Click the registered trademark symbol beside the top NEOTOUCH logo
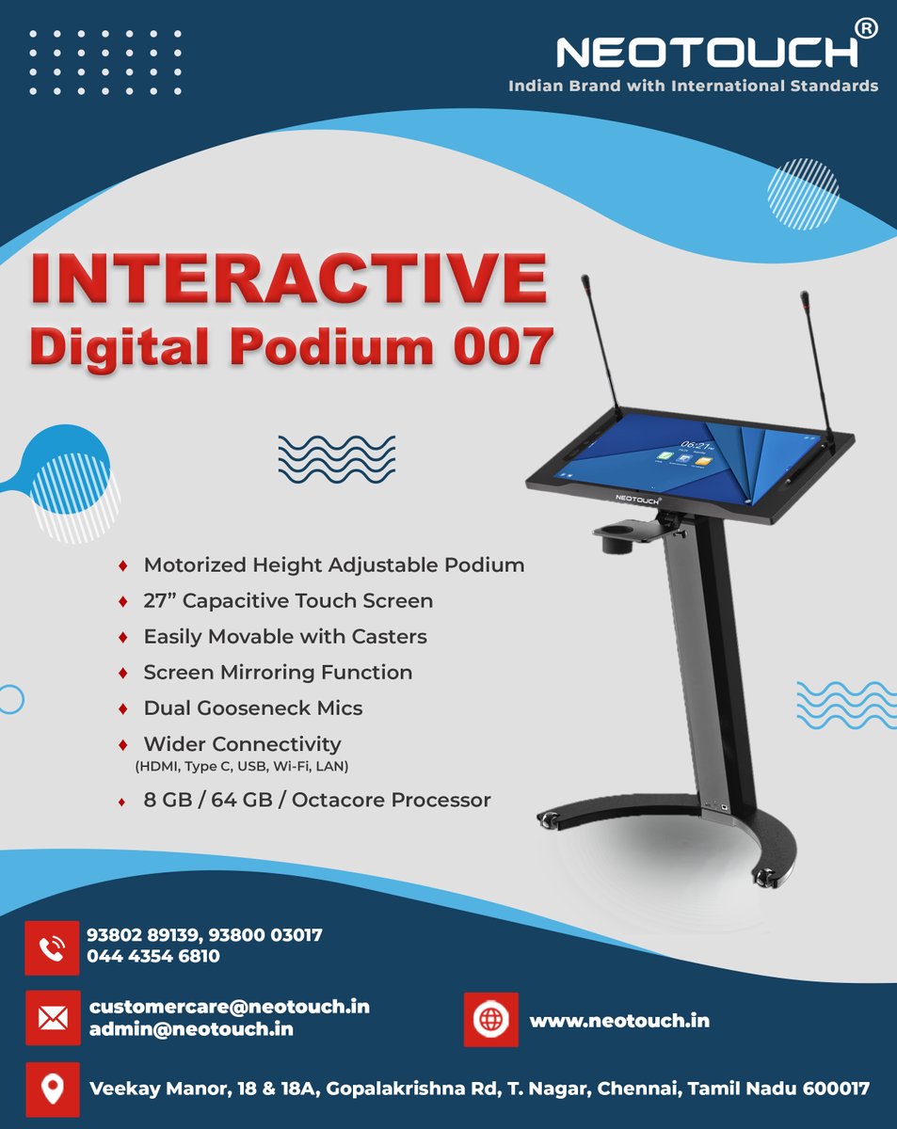click(866, 30)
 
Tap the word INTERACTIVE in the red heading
click(287, 277)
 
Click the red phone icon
click(52, 946)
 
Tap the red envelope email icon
click(52, 1018)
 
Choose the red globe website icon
click(490, 1020)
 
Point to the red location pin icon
click(52, 1089)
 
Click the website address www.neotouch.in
click(619, 1021)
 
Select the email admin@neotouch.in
click(191, 1029)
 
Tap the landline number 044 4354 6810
click(153, 957)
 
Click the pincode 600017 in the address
click(836, 1089)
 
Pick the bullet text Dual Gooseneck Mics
click(252, 708)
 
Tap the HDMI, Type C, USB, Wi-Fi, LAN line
click(243, 767)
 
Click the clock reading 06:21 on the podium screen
click(695, 445)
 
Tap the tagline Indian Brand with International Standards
click(693, 86)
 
